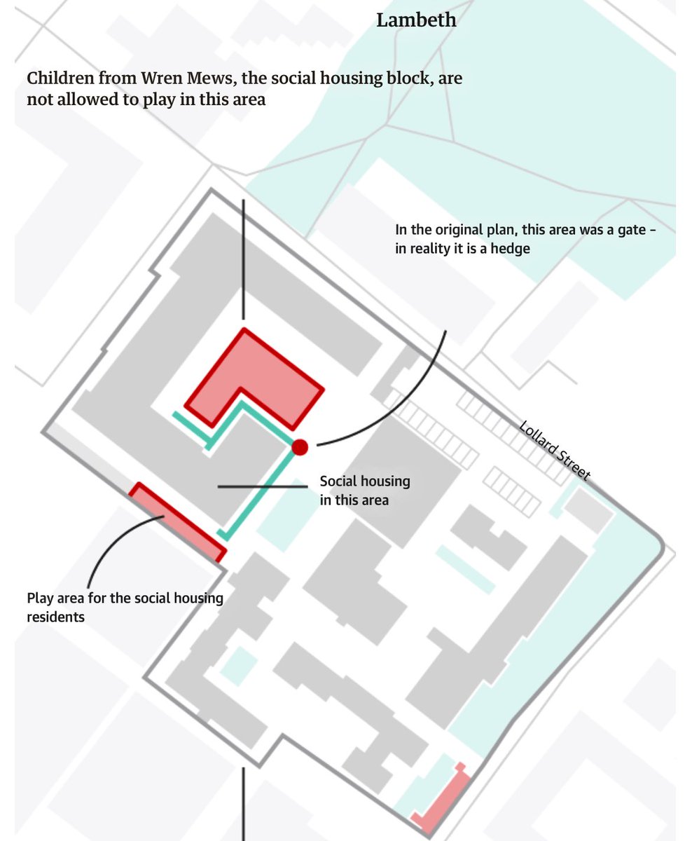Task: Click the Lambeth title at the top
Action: [x=416, y=20]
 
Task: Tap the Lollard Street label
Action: [x=555, y=451]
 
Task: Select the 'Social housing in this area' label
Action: [x=364, y=491]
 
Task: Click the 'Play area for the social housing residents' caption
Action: [x=125, y=607]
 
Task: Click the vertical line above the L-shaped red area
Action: [x=243, y=259]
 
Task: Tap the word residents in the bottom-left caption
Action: [x=55, y=617]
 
